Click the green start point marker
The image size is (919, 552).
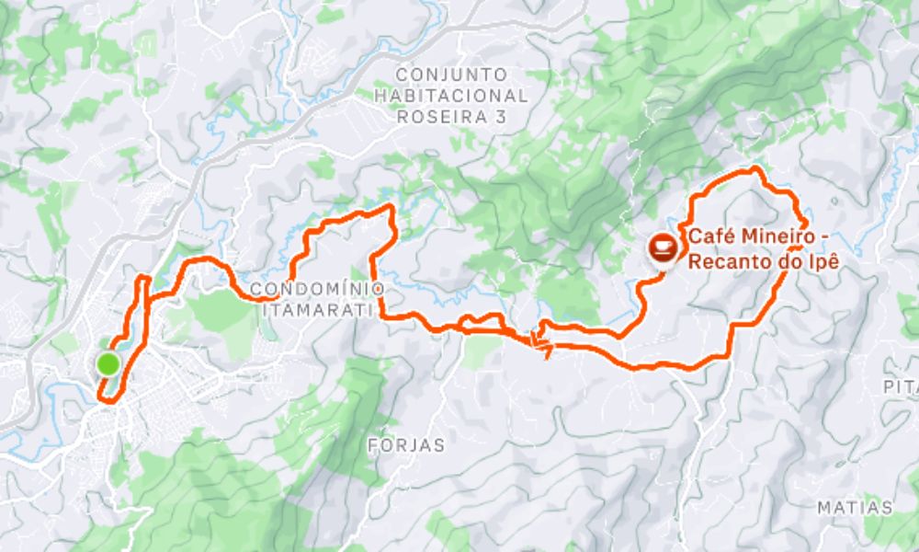pos(108,365)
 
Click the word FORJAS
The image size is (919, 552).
pos(406,445)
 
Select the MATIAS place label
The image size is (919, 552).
pos(855,508)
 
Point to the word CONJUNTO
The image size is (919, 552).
pos(450,74)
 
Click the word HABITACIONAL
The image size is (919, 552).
pos(450,96)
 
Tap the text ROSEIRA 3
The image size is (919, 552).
pos(450,117)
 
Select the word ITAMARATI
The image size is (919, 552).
pos(317,310)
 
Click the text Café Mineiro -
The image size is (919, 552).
pos(754,237)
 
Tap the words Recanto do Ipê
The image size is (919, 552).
pos(765,260)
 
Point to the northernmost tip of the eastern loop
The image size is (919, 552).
pos(755,168)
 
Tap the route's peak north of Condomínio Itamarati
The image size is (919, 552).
pos(391,208)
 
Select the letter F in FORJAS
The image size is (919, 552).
pos(372,445)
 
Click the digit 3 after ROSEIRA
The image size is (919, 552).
pos(501,117)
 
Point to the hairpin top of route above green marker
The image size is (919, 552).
pos(142,277)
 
